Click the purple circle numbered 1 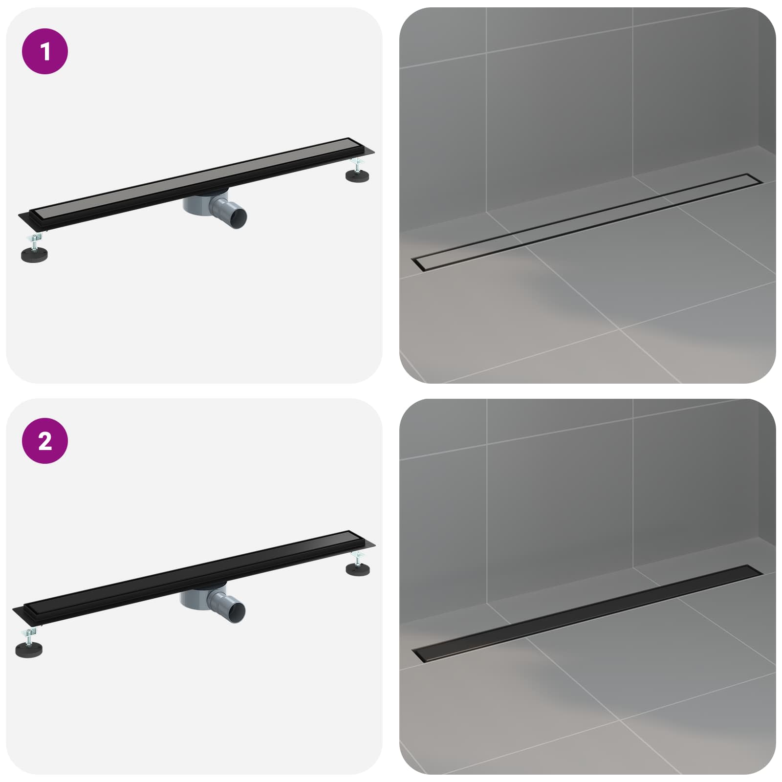45,51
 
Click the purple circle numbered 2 45,441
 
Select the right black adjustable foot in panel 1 358,175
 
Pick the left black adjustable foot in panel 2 28,650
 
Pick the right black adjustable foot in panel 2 358,568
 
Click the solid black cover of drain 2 195,571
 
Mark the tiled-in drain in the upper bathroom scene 587,221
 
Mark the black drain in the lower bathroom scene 587,614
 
